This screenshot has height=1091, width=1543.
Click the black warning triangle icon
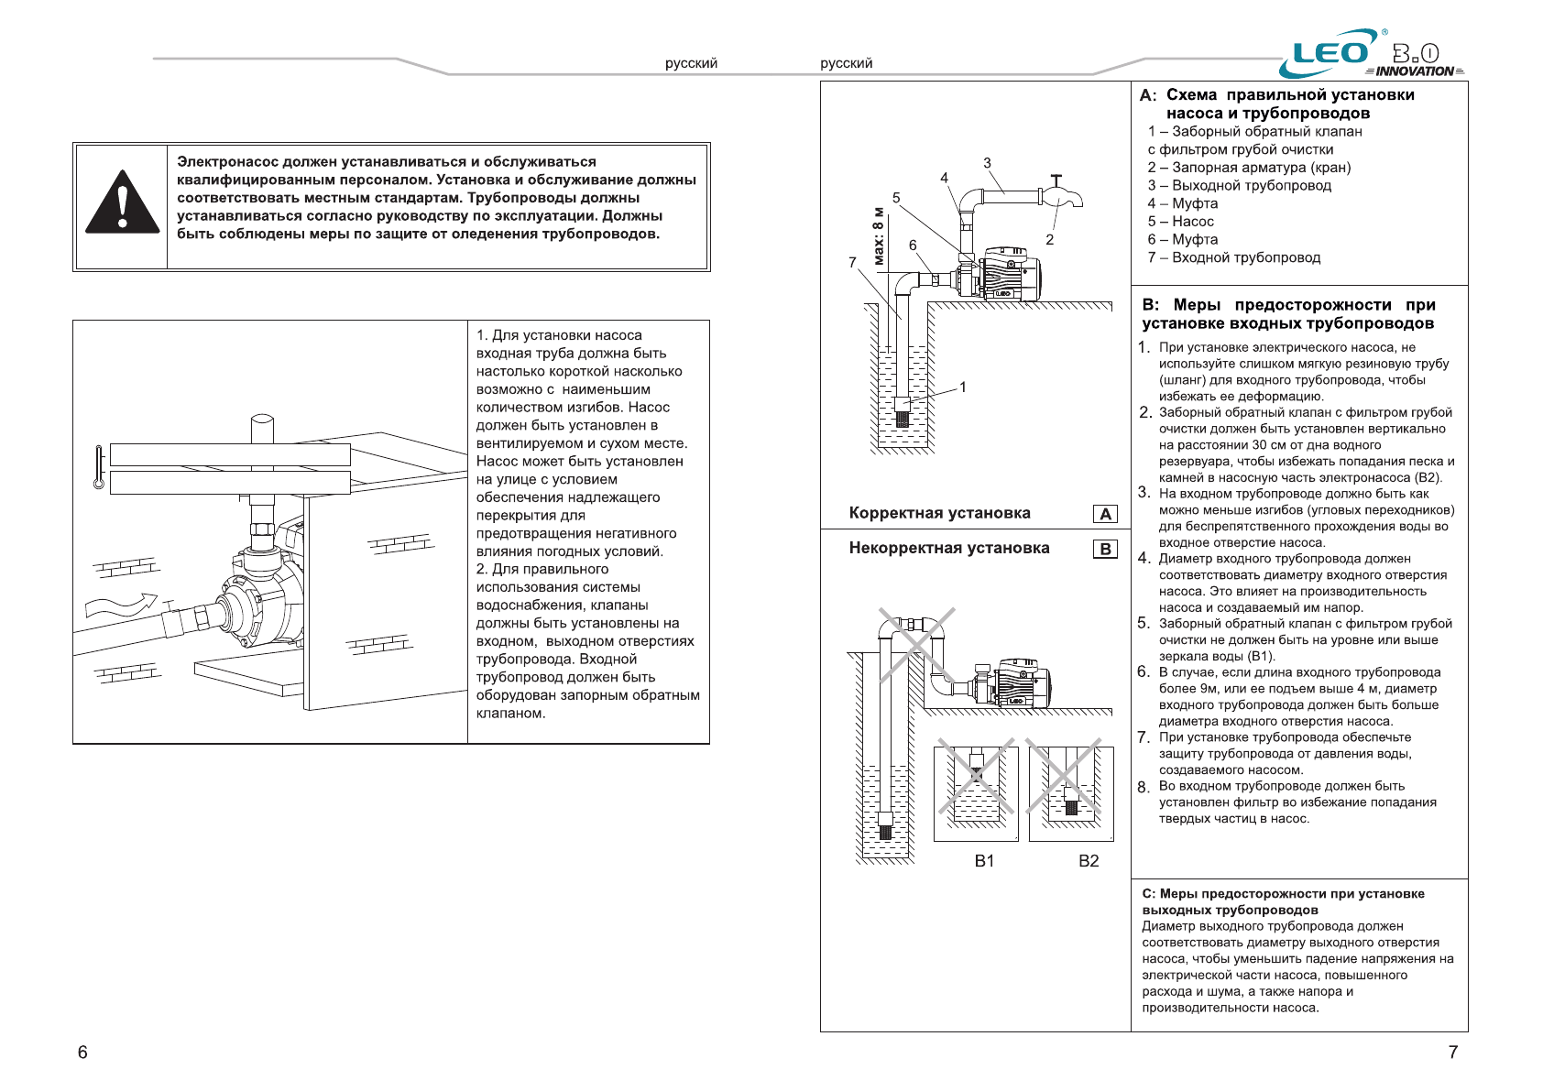click(122, 203)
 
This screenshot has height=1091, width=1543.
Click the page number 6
click(82, 1052)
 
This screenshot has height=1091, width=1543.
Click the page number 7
click(1452, 1052)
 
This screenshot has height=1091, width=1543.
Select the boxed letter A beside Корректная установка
click(1105, 514)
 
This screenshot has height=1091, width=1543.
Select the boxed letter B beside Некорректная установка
click(1105, 549)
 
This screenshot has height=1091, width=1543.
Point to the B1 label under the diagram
click(984, 861)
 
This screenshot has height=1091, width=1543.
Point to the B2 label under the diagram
click(1089, 861)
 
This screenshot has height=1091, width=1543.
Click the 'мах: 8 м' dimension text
click(879, 236)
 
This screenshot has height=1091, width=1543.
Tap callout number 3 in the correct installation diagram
click(987, 163)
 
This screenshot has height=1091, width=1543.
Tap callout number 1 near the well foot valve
click(963, 387)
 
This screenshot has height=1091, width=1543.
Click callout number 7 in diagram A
click(852, 263)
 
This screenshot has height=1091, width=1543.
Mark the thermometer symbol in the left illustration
click(99, 467)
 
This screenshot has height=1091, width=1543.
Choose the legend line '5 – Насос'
click(1180, 222)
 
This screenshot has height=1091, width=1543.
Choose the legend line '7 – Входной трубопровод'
click(1233, 257)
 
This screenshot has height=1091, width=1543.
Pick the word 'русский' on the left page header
click(691, 63)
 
